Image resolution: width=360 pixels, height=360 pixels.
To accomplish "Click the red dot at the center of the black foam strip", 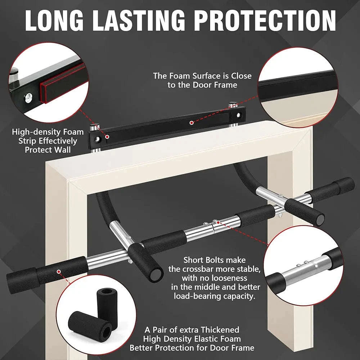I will point(192,123).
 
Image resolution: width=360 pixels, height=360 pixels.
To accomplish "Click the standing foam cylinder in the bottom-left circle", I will point(107,302).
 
